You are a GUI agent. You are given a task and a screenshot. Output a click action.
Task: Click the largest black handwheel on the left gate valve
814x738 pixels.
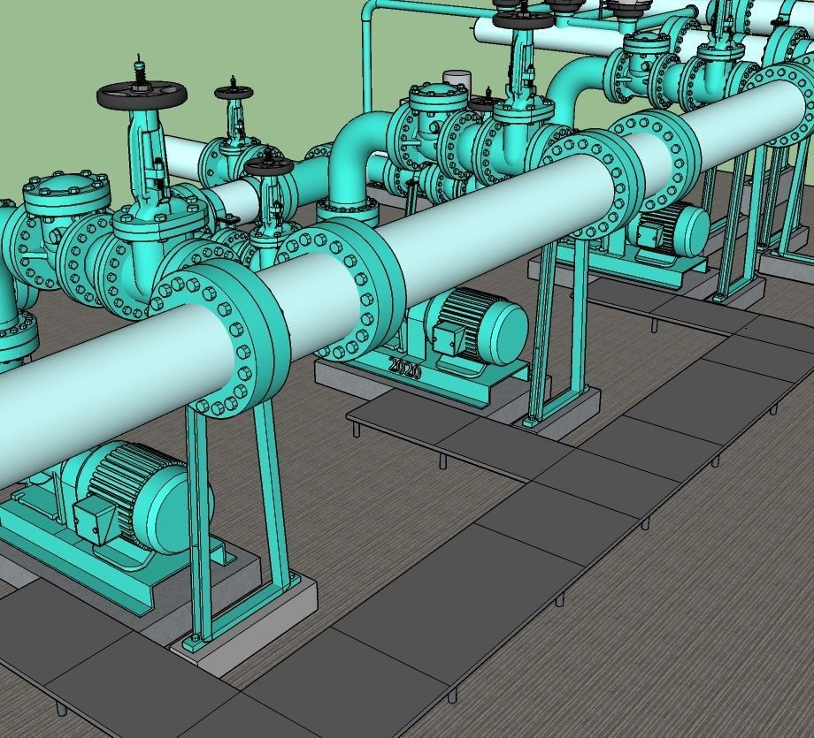point(142,94)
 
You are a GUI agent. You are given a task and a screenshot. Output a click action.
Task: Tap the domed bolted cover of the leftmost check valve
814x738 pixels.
point(66,190)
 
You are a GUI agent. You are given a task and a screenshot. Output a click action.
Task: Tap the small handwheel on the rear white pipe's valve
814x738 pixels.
point(234,91)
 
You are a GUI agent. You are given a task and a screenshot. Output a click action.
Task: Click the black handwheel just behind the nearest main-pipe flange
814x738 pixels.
point(269,164)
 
